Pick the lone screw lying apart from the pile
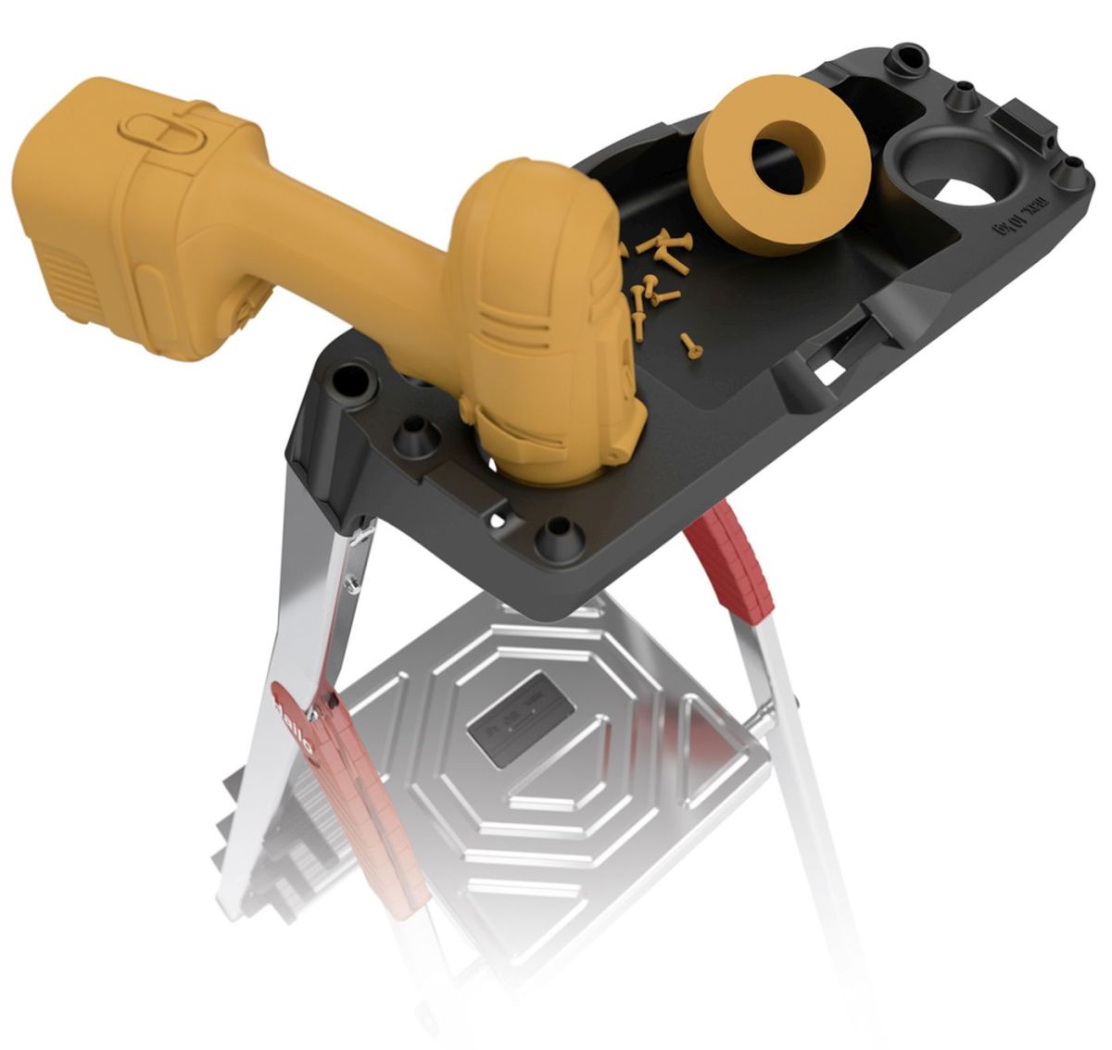point(689,344)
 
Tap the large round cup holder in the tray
point(954,176)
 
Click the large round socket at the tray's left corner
point(351,379)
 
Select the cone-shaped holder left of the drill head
point(414,436)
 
